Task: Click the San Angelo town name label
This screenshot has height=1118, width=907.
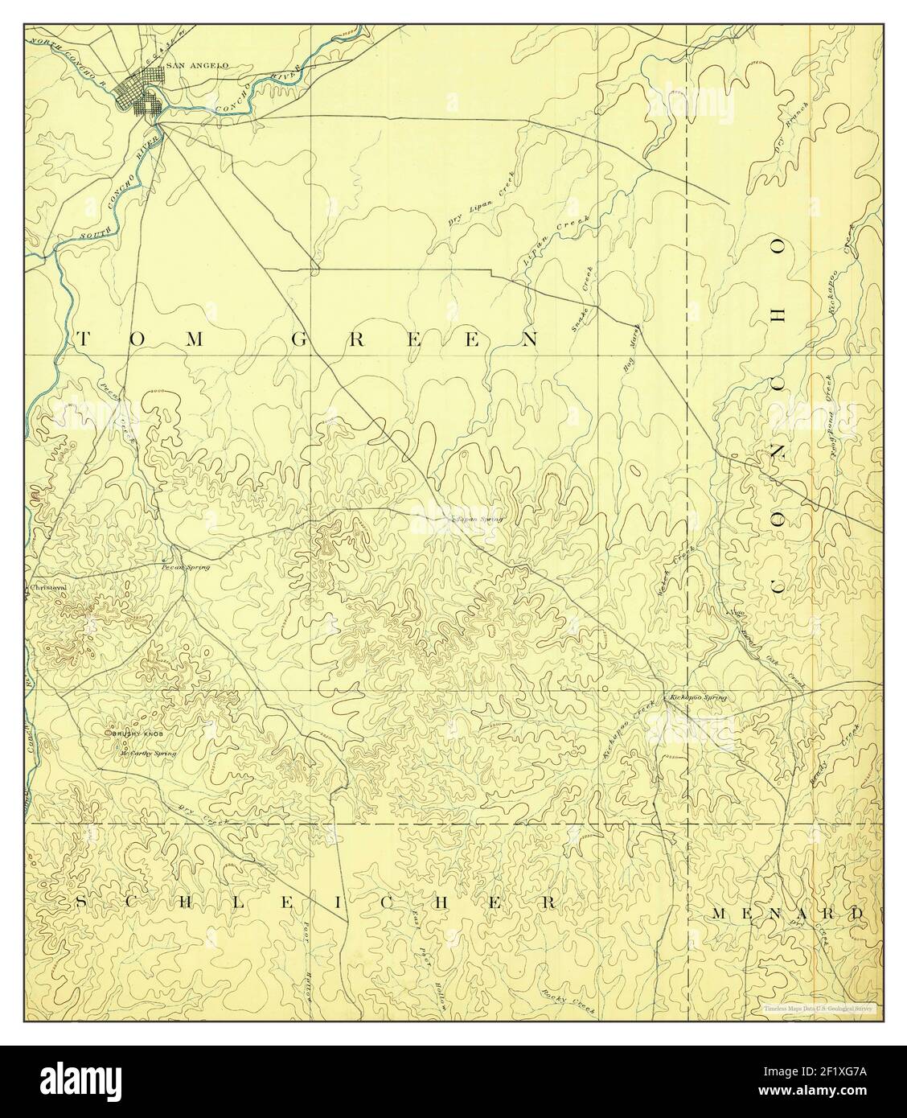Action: (x=186, y=65)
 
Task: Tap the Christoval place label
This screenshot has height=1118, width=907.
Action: (x=47, y=587)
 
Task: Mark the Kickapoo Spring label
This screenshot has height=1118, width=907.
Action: (x=696, y=697)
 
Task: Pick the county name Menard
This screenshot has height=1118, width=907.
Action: (x=787, y=914)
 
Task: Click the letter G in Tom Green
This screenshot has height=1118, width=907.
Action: (x=296, y=340)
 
